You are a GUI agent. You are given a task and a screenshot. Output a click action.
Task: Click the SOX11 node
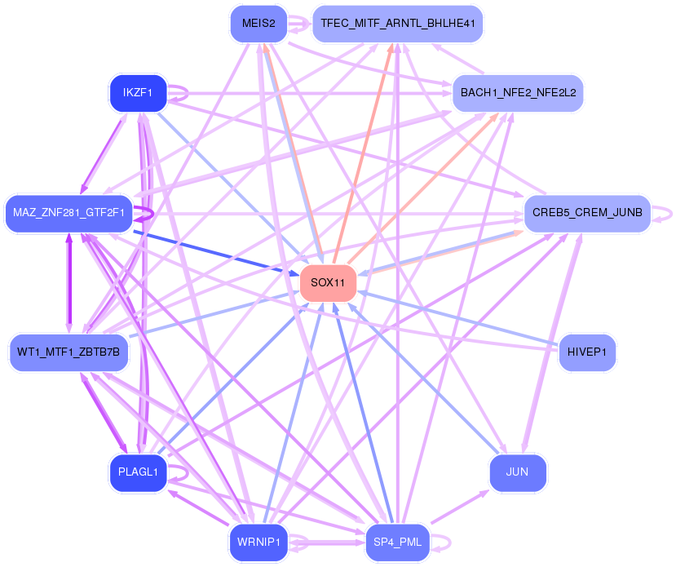click(328, 282)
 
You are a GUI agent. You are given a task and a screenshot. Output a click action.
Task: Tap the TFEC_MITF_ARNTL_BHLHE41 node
click(398, 24)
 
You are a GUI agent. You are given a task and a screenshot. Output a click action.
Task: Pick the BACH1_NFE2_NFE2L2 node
click(518, 92)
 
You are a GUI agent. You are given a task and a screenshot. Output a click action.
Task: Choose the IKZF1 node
click(138, 92)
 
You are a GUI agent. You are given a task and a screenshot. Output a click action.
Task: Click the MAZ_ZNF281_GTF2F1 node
click(68, 213)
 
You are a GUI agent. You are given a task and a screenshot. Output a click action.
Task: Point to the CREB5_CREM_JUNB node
click(586, 213)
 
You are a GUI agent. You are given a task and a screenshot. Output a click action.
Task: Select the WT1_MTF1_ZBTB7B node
click(68, 352)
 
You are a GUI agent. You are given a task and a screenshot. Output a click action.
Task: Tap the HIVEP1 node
click(586, 352)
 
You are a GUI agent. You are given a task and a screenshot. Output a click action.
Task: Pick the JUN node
click(518, 472)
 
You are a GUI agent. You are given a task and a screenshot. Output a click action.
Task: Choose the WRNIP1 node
click(258, 541)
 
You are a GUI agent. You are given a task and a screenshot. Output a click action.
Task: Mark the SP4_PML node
click(396, 541)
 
